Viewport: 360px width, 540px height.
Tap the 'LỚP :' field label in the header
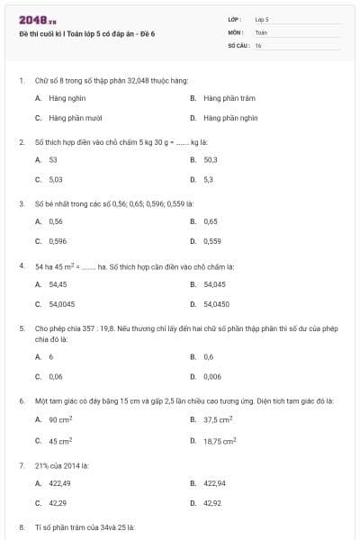coord(235,19)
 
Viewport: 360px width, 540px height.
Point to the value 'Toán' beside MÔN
coord(261,31)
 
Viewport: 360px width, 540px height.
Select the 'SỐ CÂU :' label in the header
coord(238,44)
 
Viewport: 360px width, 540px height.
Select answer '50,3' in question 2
coord(211,159)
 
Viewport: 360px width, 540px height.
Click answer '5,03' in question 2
coord(55,179)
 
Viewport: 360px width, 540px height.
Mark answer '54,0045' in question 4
coord(61,303)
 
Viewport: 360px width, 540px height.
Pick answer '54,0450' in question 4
coord(217,303)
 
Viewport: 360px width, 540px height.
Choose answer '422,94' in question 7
coord(214,483)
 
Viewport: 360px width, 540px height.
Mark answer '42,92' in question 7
coord(212,503)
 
